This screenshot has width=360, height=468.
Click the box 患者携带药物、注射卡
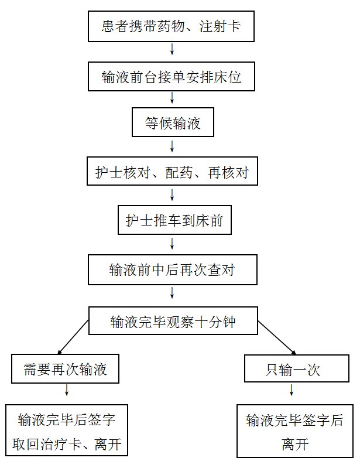171,26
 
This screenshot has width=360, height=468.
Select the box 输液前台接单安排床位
171,76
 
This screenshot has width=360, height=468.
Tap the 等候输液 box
173,122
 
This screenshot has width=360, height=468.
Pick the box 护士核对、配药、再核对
173,171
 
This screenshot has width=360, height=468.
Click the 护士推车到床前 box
174,220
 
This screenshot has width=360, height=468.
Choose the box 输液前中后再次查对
173,270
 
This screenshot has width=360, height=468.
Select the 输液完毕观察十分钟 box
173,321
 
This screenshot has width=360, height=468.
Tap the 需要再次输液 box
66,369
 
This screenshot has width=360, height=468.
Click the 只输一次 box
297,368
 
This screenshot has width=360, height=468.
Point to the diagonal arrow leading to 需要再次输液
73,337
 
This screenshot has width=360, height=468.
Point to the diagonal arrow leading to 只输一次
276,338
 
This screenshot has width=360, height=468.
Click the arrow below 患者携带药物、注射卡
172,49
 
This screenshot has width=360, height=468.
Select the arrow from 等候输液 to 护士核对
172,146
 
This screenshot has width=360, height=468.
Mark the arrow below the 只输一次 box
292,390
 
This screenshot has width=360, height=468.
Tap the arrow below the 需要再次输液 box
67,390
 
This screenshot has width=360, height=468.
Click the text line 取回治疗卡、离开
67,445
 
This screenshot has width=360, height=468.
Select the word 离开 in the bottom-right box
295,445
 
